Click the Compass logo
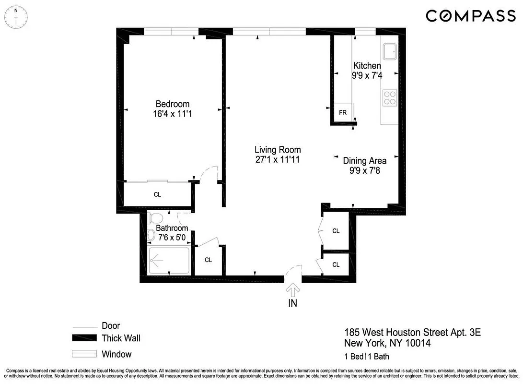(470, 16)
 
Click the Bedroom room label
(173, 104)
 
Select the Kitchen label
(367, 66)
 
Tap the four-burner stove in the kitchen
(389, 98)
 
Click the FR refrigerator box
(343, 112)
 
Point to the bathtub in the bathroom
(169, 261)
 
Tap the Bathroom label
(172, 228)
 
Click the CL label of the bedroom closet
(157, 194)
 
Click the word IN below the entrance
(292, 303)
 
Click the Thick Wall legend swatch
(84, 338)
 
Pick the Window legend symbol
(84, 354)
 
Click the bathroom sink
(151, 235)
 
